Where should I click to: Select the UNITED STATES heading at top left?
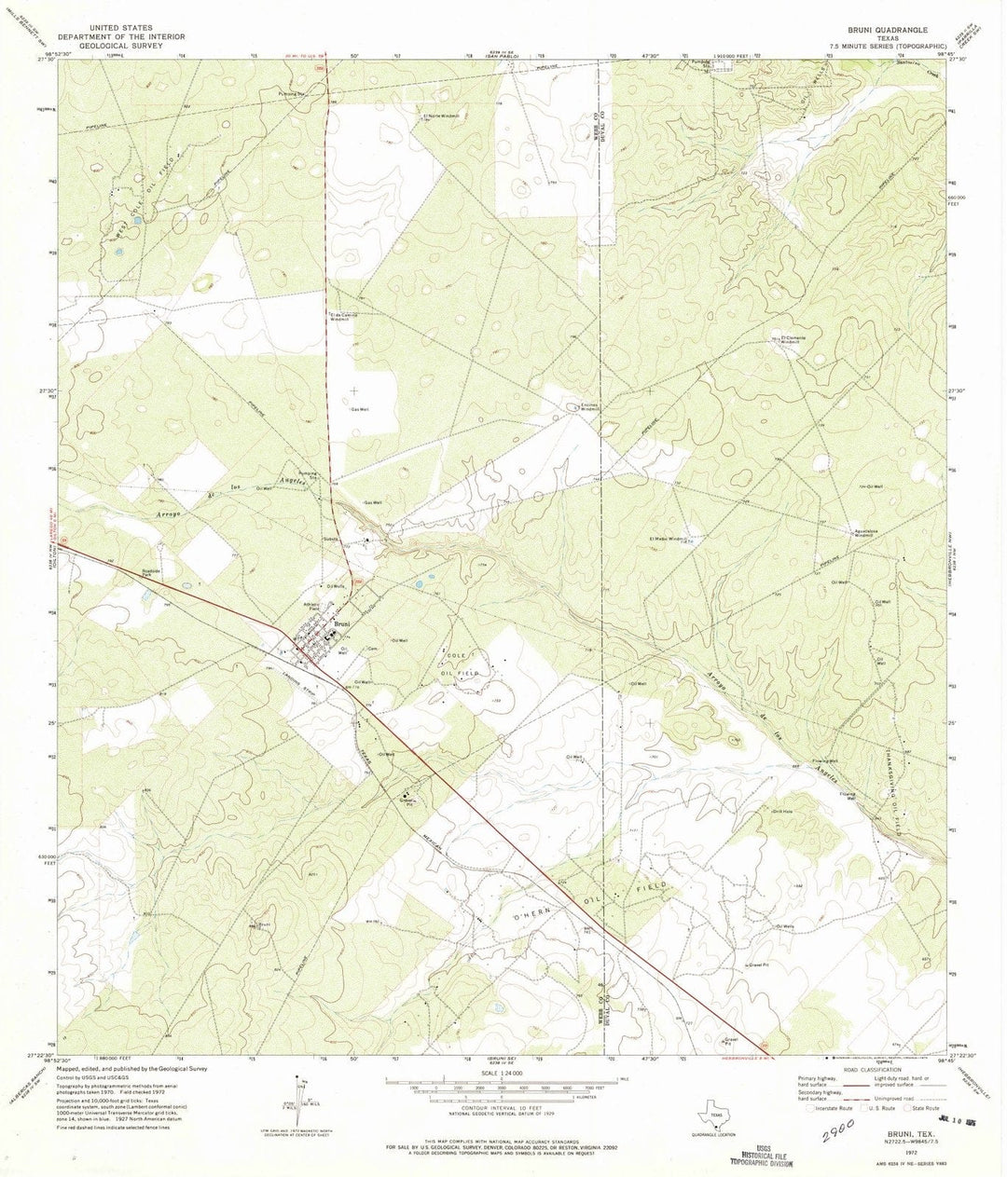click(x=120, y=29)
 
